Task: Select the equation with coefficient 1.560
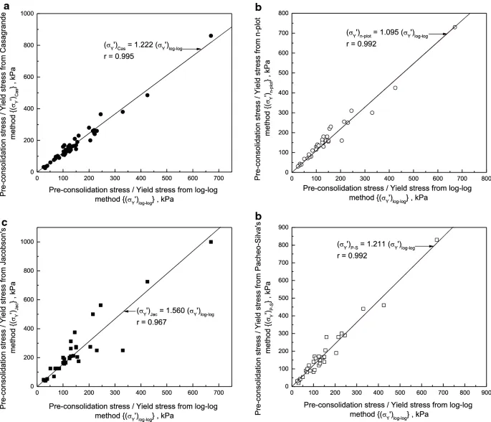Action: pyautogui.click(x=176, y=313)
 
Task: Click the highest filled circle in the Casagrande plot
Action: pyautogui.click(x=211, y=35)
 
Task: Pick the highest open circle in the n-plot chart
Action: pyautogui.click(x=454, y=27)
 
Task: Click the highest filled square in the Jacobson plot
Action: pyautogui.click(x=211, y=242)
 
